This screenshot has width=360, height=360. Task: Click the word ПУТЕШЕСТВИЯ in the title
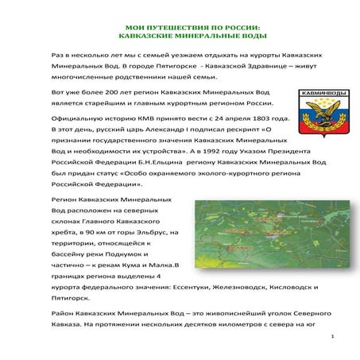tap(176, 27)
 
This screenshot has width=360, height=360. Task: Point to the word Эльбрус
tap(156, 231)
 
